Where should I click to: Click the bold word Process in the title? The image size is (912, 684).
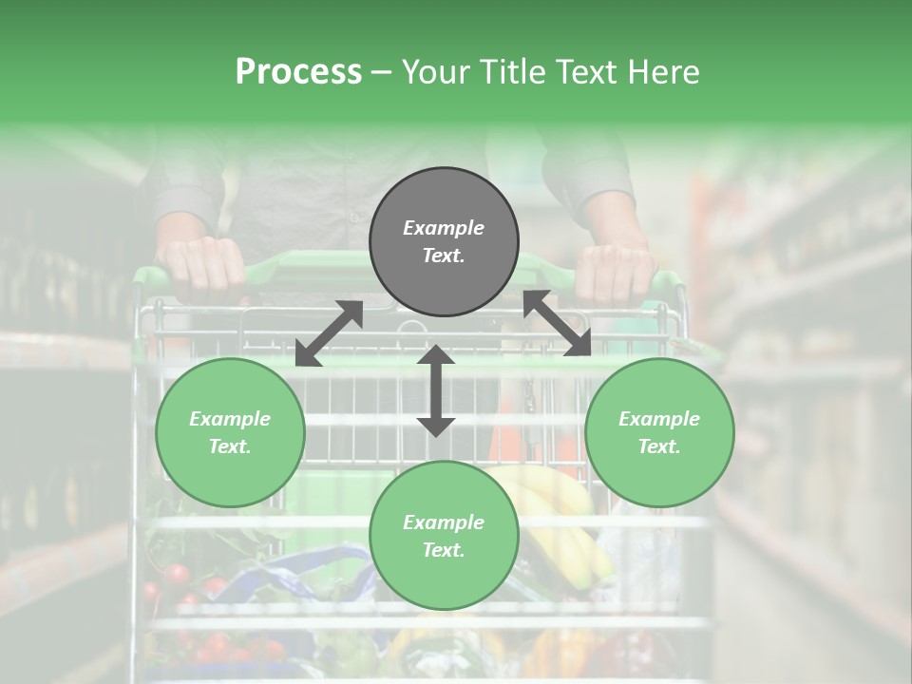(298, 72)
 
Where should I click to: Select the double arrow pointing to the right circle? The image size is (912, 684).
(557, 323)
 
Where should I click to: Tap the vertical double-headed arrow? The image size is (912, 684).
(436, 390)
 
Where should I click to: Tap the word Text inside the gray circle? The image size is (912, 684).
(443, 256)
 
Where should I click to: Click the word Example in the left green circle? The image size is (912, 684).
(230, 419)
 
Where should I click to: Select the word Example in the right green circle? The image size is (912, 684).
(659, 419)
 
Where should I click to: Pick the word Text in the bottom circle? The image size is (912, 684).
(443, 550)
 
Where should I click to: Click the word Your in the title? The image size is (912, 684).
(439, 72)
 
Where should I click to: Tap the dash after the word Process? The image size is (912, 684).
(382, 72)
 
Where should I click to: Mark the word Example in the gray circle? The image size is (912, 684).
(444, 228)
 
